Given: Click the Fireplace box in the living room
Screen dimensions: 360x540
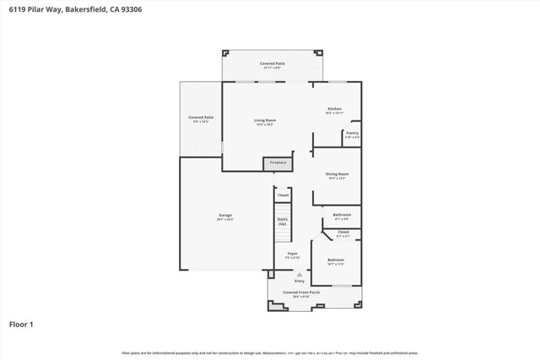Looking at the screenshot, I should coord(278,163).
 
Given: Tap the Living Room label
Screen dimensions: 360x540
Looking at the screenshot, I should coord(266,121).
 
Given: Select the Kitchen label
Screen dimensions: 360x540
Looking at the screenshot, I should coord(335,110).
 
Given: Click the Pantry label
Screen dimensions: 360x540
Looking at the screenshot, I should coord(352,133).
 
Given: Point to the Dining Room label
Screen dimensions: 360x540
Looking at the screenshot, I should coord(337,175).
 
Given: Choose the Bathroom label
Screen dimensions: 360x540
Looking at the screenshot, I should coord(342,215).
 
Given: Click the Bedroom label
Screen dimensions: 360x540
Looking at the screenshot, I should coord(336,260).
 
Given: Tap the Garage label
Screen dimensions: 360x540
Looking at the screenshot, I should coord(225,215).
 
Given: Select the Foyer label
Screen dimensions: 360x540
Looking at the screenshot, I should coord(292,253).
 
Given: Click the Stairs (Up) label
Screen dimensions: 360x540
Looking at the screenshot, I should coord(283,222).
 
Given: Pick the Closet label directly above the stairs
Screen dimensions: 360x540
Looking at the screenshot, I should coord(283,195).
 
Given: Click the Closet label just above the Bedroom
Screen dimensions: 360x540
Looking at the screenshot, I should coord(343,232).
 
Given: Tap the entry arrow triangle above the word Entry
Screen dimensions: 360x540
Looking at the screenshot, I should coord(299,274).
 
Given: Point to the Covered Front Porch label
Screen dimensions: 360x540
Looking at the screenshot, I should coord(301,292).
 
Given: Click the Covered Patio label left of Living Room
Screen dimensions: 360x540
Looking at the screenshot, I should coord(201,117).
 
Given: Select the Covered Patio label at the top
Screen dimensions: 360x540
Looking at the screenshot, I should coord(272,63).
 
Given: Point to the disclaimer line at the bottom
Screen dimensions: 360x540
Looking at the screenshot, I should coord(270,352).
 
